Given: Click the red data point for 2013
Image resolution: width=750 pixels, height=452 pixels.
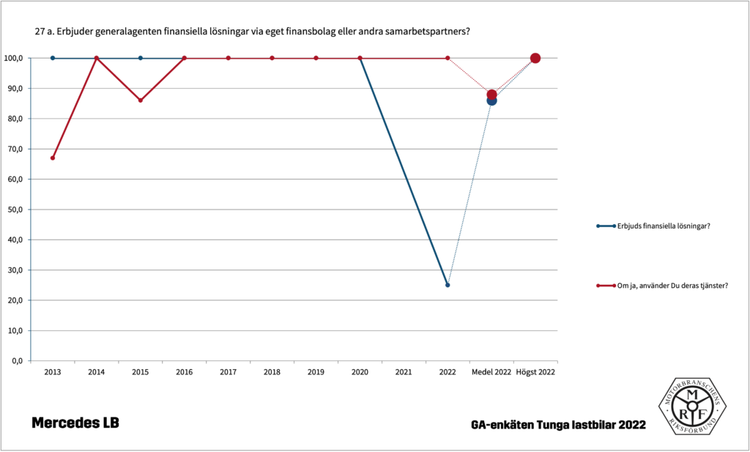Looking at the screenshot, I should pyautogui.click(x=53, y=158).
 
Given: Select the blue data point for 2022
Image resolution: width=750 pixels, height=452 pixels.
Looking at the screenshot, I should pyautogui.click(x=448, y=285).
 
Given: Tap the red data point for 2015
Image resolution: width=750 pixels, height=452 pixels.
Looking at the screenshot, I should pyautogui.click(x=141, y=100).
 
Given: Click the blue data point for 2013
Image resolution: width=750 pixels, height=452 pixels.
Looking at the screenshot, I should pyautogui.click(x=53, y=58).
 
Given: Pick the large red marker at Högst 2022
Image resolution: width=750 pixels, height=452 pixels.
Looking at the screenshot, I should pyautogui.click(x=535, y=59).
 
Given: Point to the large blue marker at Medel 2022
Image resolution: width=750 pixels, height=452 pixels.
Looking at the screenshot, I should pyautogui.click(x=491, y=100).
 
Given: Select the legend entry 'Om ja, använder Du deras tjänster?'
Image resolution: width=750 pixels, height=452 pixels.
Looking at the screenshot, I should pyautogui.click(x=672, y=286).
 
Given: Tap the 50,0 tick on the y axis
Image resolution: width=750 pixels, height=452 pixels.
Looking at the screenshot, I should pyautogui.click(x=15, y=210).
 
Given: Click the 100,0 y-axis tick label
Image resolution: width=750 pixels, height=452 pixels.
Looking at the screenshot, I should pyautogui.click(x=14, y=58).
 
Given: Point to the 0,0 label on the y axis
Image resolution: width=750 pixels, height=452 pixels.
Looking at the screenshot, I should pyautogui.click(x=18, y=361).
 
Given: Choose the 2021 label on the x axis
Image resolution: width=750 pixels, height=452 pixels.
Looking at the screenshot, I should pyautogui.click(x=404, y=372).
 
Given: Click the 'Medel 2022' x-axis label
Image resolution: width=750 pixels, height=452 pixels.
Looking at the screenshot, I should pyautogui.click(x=491, y=372).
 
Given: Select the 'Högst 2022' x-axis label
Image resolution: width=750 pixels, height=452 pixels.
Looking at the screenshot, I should pyautogui.click(x=535, y=372).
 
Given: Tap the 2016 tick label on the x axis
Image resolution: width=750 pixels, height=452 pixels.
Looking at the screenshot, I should pyautogui.click(x=184, y=372).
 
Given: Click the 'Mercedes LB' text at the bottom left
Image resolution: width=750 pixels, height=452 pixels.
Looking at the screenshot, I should pyautogui.click(x=75, y=423).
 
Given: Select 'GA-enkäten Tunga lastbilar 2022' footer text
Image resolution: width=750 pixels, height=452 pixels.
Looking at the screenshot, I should pyautogui.click(x=559, y=425).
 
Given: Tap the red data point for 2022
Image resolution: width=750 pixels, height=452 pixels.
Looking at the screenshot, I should pyautogui.click(x=448, y=59).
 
